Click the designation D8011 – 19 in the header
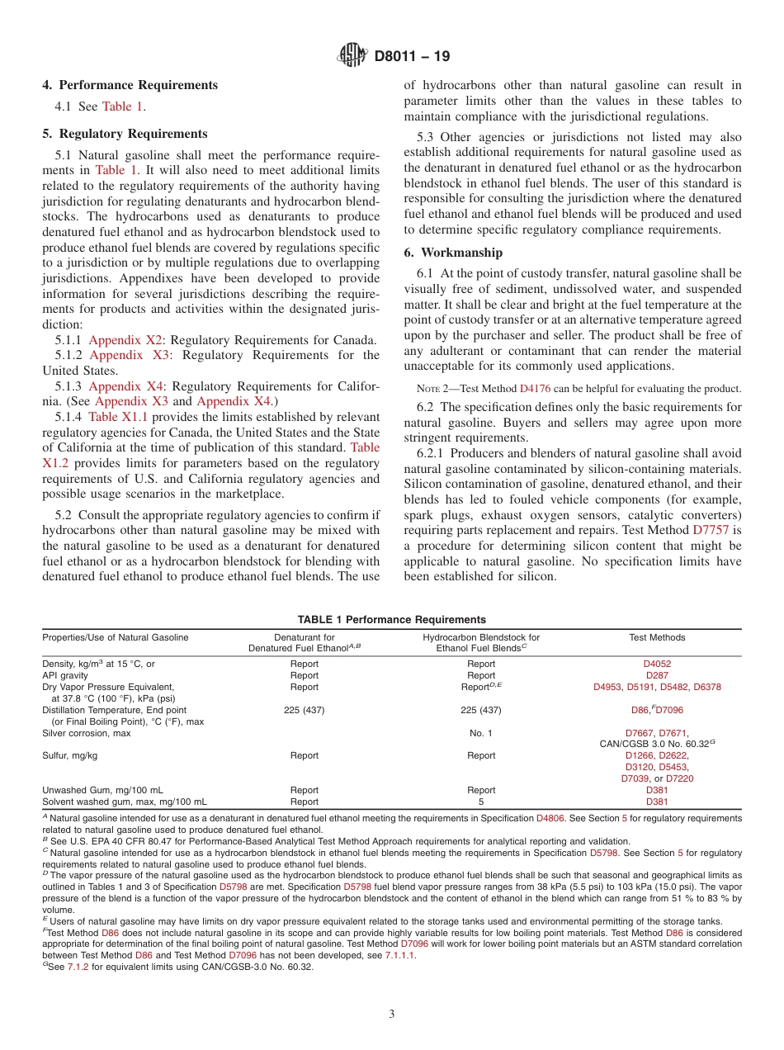pyautogui.click(x=412, y=57)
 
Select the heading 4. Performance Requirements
pyautogui.click(x=130, y=85)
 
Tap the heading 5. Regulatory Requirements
pyautogui.click(x=125, y=134)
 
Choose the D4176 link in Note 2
pyautogui.click(x=532, y=389)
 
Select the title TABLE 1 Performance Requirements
pyautogui.click(x=391, y=620)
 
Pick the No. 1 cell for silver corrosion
pyautogui.click(x=481, y=733)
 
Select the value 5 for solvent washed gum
pyautogui.click(x=481, y=802)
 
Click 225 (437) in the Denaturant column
pyautogui.click(x=305, y=710)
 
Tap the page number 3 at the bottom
pyautogui.click(x=392, y=1015)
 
